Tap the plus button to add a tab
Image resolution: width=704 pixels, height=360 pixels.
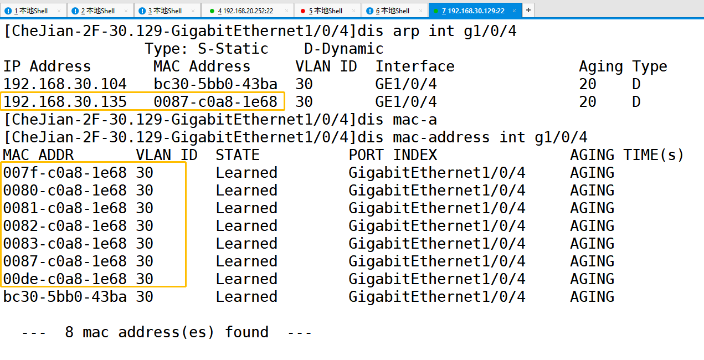[x=528, y=10]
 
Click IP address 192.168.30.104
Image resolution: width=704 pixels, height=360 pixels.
[x=65, y=84]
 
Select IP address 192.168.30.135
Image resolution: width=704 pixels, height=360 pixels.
[x=65, y=102]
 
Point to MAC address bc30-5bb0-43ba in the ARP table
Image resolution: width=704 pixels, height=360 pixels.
[x=215, y=84]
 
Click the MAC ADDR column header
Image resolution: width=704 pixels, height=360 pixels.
[x=38, y=155]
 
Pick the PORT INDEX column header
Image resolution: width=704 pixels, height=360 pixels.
[x=393, y=155]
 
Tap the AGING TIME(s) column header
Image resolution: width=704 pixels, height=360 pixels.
[x=627, y=155]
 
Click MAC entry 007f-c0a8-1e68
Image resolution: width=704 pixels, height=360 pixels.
[x=65, y=173]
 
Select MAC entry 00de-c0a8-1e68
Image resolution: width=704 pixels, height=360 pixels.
[x=65, y=279]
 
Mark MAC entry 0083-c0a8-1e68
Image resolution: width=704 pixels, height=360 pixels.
[x=65, y=244]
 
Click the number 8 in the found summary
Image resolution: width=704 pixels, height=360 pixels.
[x=69, y=332]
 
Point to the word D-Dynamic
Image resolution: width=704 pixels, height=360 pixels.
[x=343, y=49]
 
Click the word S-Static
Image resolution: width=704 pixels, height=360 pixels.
[x=233, y=49]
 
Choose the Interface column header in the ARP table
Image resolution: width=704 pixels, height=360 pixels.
[x=415, y=66]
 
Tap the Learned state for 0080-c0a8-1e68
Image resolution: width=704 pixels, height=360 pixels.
[x=246, y=191]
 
